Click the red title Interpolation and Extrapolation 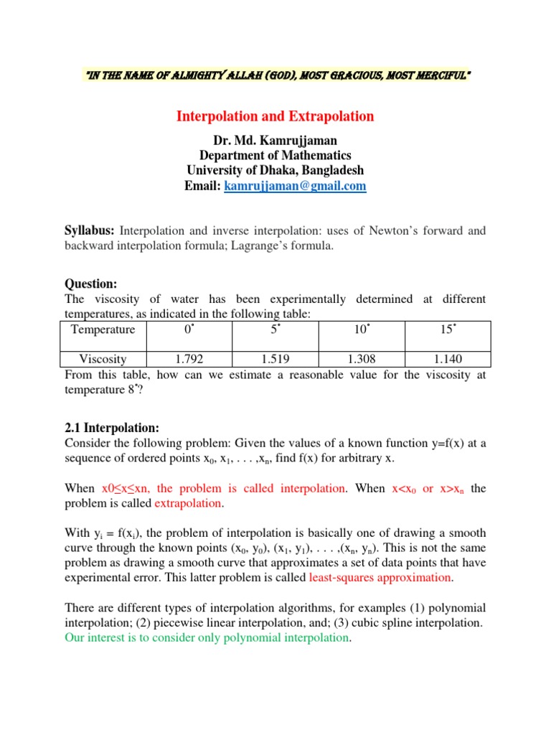275,116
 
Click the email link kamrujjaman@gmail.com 295,186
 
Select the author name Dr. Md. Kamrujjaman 275,139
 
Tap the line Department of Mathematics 275,155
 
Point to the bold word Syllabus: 90,230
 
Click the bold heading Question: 90,284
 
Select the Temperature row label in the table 103,329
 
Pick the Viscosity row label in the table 103,359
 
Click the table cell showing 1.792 189,359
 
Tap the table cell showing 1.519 275,359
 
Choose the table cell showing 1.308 362,359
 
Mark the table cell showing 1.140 448,359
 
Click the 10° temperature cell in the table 362,329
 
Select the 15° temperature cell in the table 448,329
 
